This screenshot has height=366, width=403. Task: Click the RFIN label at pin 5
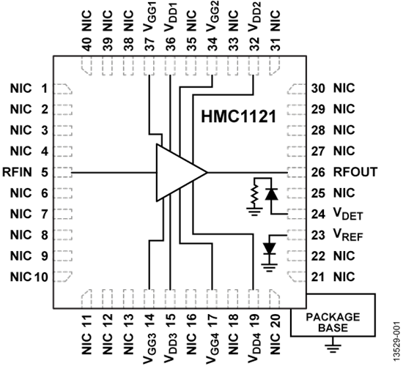pos(17,173)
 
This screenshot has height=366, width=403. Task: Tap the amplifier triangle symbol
pos(179,173)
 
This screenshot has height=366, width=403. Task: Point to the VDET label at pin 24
pos(348,216)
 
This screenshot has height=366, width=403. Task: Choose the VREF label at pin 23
pos(348,236)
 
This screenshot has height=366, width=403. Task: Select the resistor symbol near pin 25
pos(254,195)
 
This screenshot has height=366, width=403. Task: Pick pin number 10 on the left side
pos(41,277)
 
